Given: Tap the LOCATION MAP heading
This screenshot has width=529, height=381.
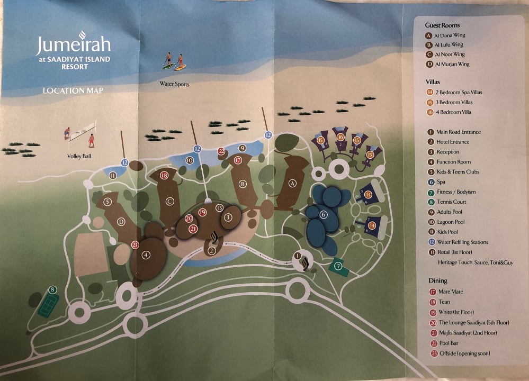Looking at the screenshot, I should click(73, 90).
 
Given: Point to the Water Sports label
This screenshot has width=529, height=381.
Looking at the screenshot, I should click(174, 84).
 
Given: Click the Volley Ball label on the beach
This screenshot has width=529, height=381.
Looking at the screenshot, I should click(79, 156).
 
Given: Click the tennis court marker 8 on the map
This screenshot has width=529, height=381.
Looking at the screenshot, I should click(52, 289).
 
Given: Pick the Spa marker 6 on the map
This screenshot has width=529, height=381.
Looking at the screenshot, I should click(324, 214).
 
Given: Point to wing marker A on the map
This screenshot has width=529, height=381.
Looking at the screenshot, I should click(292, 183).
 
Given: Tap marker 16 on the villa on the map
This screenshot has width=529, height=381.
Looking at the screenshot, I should click(341, 137).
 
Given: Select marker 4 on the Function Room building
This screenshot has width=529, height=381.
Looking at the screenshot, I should click(147, 255).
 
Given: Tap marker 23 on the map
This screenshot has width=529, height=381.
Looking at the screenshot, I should click(135, 244).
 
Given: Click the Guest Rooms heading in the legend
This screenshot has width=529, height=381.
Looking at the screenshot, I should click(442, 25).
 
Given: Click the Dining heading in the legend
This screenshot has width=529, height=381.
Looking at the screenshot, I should click(438, 280).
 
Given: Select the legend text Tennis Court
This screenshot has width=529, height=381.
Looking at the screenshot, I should click(451, 202).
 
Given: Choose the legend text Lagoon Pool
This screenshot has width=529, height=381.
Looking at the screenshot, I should click(451, 222).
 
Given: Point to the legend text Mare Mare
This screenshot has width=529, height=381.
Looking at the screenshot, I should click(450, 292).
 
